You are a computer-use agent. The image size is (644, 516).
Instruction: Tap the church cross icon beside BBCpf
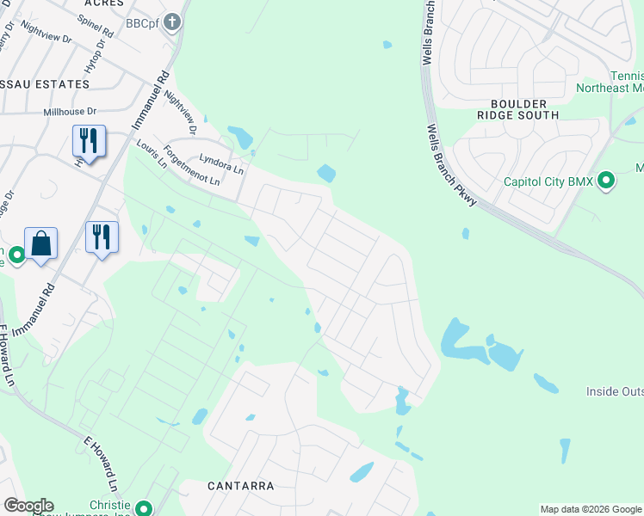coord(172,21)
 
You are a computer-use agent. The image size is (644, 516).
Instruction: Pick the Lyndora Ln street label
coord(223,161)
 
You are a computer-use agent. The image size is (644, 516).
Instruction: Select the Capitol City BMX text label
coord(551,181)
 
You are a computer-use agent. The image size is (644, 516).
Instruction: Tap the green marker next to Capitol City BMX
coord(607,181)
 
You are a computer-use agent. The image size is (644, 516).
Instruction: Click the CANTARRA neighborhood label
coord(241,486)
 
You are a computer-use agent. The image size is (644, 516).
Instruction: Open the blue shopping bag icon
coord(40,244)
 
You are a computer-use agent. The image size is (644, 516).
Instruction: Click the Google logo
coord(28,506)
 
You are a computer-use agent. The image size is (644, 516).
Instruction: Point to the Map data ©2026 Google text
coord(591,509)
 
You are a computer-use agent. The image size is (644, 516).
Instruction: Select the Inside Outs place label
coord(615,391)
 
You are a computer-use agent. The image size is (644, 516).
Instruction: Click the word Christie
coord(109,505)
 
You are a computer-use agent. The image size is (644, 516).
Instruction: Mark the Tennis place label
coord(627,76)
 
